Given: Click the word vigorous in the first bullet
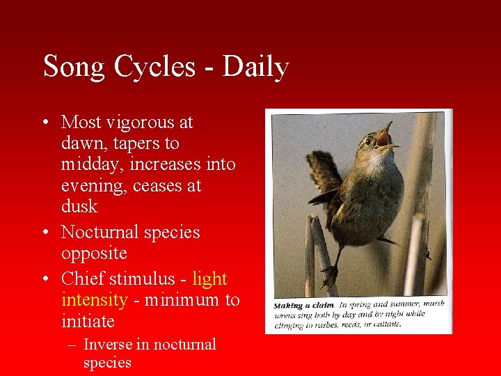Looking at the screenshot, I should [x=136, y=123].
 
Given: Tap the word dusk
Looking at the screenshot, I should [x=79, y=207].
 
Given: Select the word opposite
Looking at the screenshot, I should [x=95, y=253].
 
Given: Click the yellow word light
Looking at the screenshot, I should [x=209, y=279].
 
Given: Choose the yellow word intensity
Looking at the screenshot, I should [x=94, y=300].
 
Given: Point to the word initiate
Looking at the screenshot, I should [x=87, y=321].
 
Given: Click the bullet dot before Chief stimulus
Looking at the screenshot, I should [x=45, y=279].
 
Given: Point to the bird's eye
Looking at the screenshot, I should [x=367, y=141].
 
